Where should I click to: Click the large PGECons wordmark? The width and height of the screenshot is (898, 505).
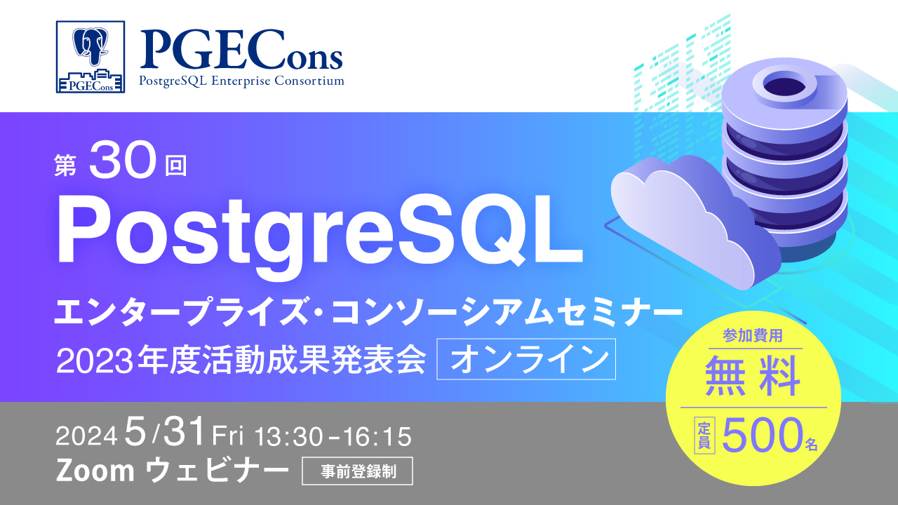click(x=241, y=50)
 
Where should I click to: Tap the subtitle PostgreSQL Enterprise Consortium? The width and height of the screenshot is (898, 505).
click(x=241, y=81)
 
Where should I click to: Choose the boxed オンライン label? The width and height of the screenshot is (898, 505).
click(x=526, y=360)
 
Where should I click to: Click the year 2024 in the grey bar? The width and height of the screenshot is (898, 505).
click(x=86, y=438)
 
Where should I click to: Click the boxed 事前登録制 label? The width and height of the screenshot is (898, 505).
click(x=357, y=471)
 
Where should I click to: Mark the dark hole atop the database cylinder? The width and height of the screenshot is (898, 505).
click(x=783, y=86)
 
